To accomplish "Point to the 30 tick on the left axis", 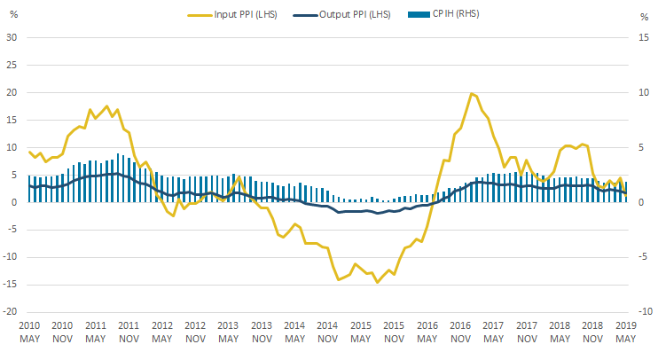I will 12,37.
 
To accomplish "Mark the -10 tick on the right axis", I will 646,312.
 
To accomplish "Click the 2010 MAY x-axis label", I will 29,333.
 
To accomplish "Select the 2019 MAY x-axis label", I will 624,333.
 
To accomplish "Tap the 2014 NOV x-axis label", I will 327,333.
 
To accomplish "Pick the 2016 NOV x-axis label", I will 459,333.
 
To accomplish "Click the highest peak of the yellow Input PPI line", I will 471,93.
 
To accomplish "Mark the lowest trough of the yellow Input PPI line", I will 377,282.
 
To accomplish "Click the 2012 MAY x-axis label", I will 161,333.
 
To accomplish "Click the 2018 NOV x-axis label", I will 591,333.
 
